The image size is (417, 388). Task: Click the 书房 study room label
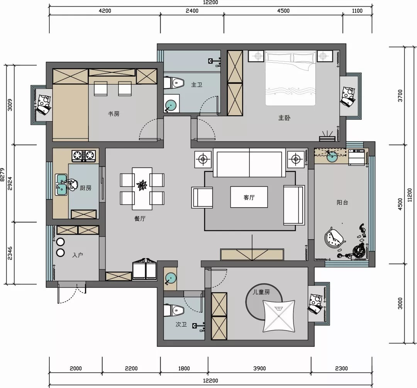(x=114, y=114)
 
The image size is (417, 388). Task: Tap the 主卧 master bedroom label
(x=284, y=117)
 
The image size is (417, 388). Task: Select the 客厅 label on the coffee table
(x=249, y=197)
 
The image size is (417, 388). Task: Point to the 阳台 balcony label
(x=342, y=202)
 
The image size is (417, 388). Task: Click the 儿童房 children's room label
(x=261, y=292)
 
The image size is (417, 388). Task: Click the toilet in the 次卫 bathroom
(x=174, y=310)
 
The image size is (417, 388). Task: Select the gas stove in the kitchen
(x=84, y=156)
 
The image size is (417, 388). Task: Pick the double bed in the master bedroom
(x=290, y=78)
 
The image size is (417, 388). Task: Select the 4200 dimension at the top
(x=105, y=11)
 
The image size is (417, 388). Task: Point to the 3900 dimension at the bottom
(x=259, y=368)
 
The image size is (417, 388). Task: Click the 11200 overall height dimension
(x=410, y=195)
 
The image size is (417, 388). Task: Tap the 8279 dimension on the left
(x=3, y=175)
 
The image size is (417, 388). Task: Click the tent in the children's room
(x=279, y=316)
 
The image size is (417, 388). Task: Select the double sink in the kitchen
(x=61, y=184)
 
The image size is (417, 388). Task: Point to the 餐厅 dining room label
(x=140, y=219)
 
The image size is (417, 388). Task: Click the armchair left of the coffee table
(x=202, y=197)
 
